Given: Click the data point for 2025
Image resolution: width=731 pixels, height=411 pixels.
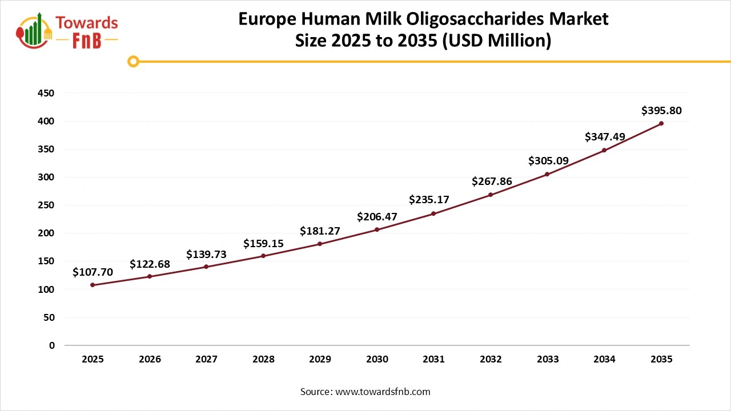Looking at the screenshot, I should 93,285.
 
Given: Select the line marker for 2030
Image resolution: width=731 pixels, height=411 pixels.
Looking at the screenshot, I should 377,229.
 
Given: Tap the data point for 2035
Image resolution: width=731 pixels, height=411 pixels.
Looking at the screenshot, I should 661,123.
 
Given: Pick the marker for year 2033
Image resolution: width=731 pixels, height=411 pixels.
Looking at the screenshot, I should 547,174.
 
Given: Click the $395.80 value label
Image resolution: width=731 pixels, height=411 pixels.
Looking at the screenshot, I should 661,110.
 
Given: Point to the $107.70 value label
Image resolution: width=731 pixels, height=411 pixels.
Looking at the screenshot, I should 93,272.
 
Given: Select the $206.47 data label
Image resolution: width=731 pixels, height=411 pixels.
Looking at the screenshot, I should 377,217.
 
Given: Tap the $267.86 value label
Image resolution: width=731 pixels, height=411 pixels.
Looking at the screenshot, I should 491,182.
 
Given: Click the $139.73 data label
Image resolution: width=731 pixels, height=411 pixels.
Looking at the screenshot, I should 206,255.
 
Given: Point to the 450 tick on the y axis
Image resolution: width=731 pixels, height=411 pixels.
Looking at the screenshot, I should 46,93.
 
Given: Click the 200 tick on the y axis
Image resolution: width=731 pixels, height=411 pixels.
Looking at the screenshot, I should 46,233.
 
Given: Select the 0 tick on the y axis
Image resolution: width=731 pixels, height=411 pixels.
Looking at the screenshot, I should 52,345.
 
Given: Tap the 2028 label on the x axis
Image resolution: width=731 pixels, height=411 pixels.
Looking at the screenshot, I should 263,360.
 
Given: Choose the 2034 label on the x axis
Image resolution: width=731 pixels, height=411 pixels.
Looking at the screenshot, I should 604,360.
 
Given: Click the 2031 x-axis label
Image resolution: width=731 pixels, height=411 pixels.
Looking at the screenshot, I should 434,360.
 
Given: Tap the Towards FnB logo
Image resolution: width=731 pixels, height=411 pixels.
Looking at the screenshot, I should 67,30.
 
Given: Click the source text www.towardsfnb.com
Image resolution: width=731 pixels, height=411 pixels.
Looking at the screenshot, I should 382,392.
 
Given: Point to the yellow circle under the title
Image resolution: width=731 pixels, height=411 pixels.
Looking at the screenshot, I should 133,61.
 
